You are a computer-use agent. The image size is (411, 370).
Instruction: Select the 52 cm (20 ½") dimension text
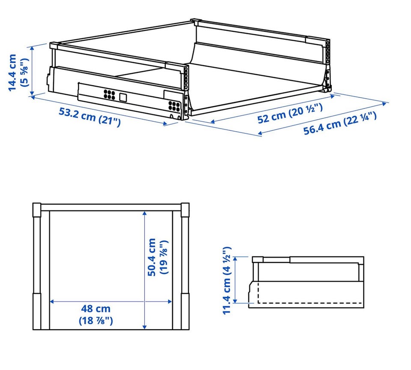[x=290, y=113]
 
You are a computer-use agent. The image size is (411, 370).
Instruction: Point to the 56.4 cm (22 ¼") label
[x=340, y=123]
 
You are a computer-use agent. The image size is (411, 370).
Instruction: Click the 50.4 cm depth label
[x=157, y=257]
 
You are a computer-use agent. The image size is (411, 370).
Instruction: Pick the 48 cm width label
[x=95, y=314]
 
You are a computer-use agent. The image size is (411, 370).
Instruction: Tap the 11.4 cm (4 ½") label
[x=226, y=280]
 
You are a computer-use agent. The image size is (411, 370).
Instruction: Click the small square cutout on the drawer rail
[x=123, y=97]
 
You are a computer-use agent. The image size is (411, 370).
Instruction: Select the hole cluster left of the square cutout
[x=109, y=94]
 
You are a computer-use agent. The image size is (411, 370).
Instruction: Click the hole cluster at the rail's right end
[x=174, y=106]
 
